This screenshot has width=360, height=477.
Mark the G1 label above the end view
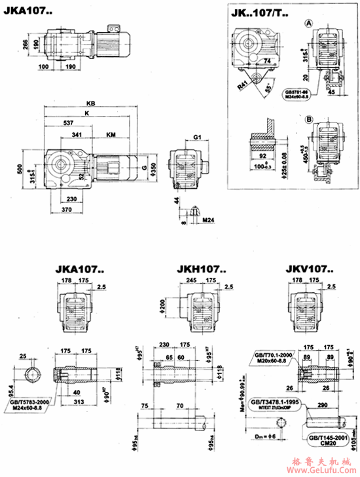[x=197, y=137]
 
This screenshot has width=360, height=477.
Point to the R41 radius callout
[x=242, y=84]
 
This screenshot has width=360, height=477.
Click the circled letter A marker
[x=308, y=23]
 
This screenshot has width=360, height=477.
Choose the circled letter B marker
[x=308, y=119]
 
